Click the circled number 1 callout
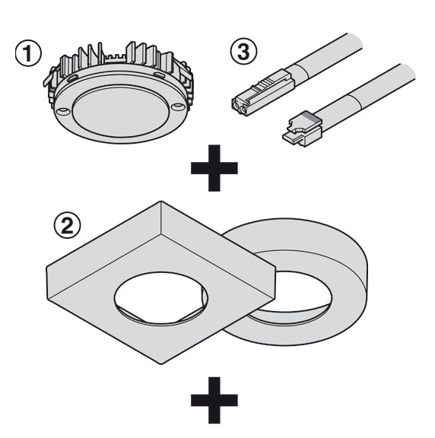tap(28, 53)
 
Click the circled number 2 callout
tap(68, 225)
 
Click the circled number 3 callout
tap(243, 52)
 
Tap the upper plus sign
tap(214, 168)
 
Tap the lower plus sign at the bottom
tap(214, 400)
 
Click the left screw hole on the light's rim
tap(62, 111)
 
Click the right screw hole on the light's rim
tap(178, 106)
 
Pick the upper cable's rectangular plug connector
tap(262, 93)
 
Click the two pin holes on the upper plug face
tap(240, 109)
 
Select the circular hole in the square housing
tap(161, 298)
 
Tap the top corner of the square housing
tap(161, 202)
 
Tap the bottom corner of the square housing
tap(161, 363)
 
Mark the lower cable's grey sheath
tap(366, 96)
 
